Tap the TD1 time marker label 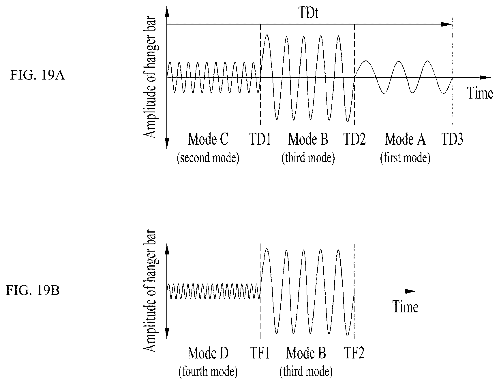(260, 139)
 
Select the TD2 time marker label (354, 139)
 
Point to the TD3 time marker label (452, 139)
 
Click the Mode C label (208, 139)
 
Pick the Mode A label (405, 139)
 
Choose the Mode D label (208, 353)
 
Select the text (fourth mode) (208, 372)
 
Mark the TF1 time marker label (260, 353)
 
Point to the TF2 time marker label (354, 353)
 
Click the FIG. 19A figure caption (37, 76)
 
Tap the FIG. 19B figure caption (33, 290)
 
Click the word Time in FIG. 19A (480, 93)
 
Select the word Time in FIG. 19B (405, 307)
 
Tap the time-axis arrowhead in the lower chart (411, 291)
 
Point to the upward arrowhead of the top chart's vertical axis (167, 12)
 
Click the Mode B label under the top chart (308, 139)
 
